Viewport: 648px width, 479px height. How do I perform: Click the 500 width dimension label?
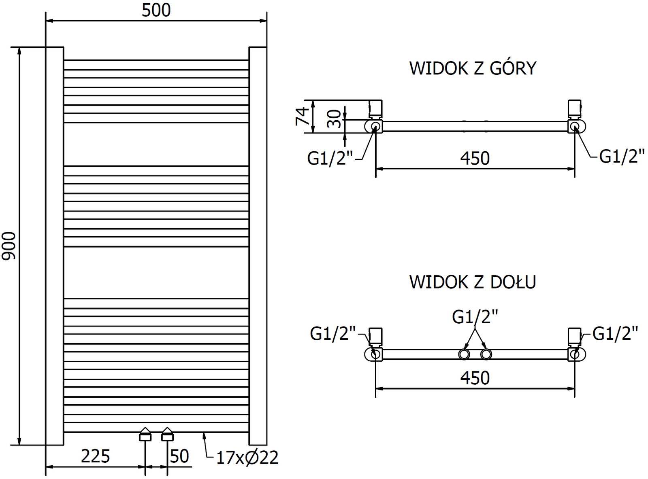click(156, 11)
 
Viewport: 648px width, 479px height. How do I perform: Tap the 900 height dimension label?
click(9, 246)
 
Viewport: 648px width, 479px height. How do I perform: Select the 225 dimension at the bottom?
click(95, 457)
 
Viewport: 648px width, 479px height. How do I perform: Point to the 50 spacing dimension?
click(179, 457)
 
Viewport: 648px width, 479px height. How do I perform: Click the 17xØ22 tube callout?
click(247, 458)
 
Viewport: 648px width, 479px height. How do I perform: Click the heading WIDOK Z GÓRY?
click(473, 68)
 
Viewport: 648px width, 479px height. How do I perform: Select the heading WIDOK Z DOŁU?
click(473, 282)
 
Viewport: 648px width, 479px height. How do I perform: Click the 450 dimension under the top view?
click(475, 158)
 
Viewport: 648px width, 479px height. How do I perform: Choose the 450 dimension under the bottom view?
click(475, 378)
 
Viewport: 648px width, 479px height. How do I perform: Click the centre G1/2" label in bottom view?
click(475, 317)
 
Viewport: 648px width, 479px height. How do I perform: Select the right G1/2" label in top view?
click(622, 156)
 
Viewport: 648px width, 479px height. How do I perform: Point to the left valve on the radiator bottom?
click(145, 436)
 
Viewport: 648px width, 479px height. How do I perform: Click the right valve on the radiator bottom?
click(167, 436)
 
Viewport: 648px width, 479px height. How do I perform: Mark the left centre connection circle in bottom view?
click(464, 355)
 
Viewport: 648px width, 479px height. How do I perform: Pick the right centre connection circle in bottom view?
click(486, 355)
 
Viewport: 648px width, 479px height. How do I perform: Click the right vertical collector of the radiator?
click(258, 246)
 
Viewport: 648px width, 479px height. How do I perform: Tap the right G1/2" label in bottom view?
click(615, 334)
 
